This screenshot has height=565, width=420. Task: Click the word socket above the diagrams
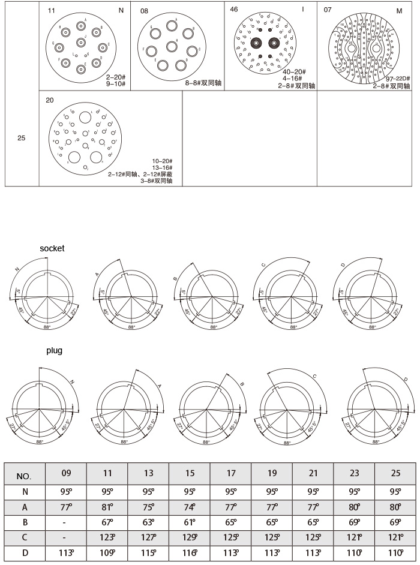click(52, 248)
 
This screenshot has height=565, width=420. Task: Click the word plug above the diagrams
click(55, 350)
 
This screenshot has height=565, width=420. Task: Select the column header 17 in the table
click(231, 473)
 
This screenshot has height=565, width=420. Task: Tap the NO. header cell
click(24, 477)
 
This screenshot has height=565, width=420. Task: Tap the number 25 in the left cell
click(22, 138)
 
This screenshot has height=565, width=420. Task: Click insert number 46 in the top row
click(234, 10)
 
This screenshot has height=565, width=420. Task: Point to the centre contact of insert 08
click(172, 46)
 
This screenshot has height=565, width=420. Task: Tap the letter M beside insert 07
click(399, 10)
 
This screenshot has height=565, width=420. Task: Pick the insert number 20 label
click(50, 100)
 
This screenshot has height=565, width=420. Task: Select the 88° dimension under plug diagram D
click(376, 441)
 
